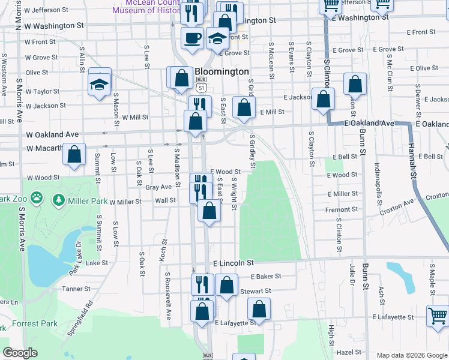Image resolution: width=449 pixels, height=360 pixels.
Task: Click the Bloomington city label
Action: coord(222,71)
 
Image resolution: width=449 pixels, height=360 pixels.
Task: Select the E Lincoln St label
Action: coord(234,263)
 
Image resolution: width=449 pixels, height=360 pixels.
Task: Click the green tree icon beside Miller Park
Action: coord(59,199)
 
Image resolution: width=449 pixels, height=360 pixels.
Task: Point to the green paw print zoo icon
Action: coord(37,196)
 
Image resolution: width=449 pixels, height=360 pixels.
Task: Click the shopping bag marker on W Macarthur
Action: coord(74,154)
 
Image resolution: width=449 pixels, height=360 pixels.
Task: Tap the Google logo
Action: coord(20,353)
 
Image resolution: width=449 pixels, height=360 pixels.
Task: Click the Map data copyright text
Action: coord(411,355)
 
